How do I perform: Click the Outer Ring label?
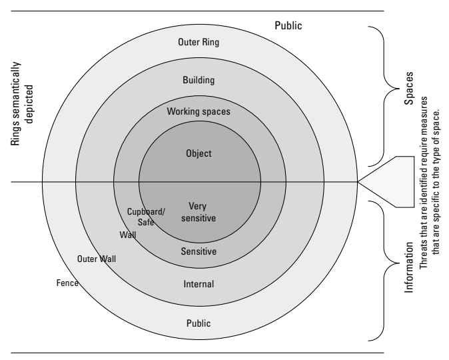[x=199, y=43]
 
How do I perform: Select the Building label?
[x=199, y=80]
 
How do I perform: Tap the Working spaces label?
[x=199, y=111]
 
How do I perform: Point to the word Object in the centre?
[x=199, y=153]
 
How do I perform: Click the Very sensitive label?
[x=199, y=212]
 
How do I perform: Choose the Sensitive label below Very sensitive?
[x=199, y=251]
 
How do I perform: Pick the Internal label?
[x=199, y=284]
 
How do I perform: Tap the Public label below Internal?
[x=199, y=323]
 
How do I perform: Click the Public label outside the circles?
[x=288, y=26]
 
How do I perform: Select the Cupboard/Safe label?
[x=141, y=217]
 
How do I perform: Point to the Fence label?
[x=68, y=283]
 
